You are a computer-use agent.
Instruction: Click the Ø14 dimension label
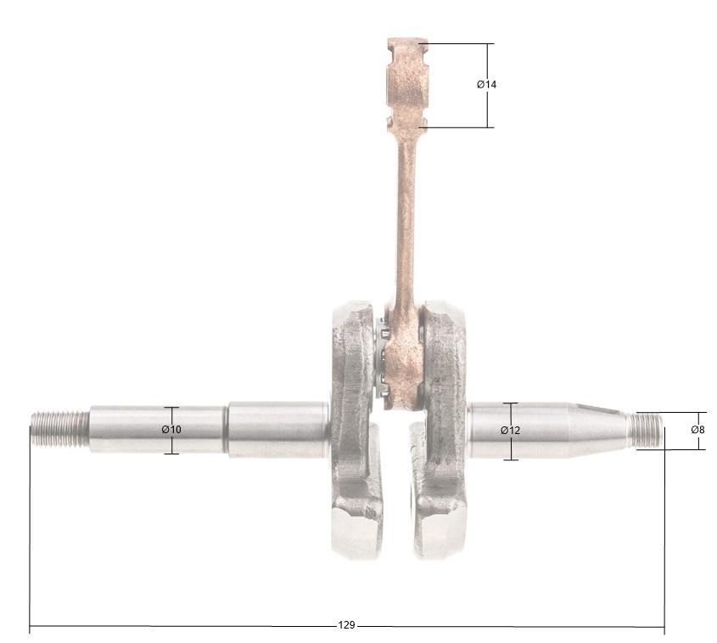click(486, 85)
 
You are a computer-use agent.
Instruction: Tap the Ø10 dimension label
click(171, 430)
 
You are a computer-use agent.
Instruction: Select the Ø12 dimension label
click(510, 431)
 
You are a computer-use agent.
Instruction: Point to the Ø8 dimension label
click(697, 430)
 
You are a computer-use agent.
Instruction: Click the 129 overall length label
click(346, 625)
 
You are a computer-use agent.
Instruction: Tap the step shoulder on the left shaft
click(227, 429)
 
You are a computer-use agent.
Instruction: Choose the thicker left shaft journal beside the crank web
click(278, 429)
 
